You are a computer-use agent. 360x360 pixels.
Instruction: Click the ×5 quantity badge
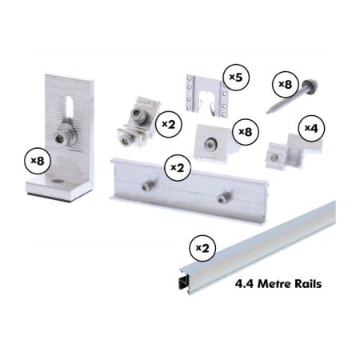[x=236, y=78]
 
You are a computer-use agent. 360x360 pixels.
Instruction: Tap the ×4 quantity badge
[x=311, y=129]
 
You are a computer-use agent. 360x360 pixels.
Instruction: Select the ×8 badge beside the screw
[x=285, y=85]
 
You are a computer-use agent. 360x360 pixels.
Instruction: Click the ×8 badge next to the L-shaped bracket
[x=38, y=161]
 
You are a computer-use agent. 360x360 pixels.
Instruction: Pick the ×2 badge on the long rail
[x=202, y=248]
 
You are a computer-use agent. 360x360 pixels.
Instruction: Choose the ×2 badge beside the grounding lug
[x=169, y=124]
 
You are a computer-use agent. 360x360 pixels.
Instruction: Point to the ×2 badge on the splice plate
[x=178, y=168]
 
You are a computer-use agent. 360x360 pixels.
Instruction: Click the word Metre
[x=273, y=284]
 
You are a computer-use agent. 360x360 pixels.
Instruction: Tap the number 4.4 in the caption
[x=245, y=284]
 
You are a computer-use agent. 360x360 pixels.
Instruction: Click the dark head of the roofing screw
[x=310, y=86]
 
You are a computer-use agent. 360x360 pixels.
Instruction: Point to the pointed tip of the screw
[x=267, y=113]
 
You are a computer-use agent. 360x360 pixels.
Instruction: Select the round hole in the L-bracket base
[x=58, y=182]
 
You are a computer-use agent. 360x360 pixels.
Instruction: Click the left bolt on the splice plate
[x=147, y=186]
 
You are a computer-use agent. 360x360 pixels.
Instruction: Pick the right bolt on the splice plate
[x=222, y=198]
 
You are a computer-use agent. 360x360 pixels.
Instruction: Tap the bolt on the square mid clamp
[x=210, y=144]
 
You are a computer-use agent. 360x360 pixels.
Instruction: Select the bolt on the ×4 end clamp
[x=274, y=158]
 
